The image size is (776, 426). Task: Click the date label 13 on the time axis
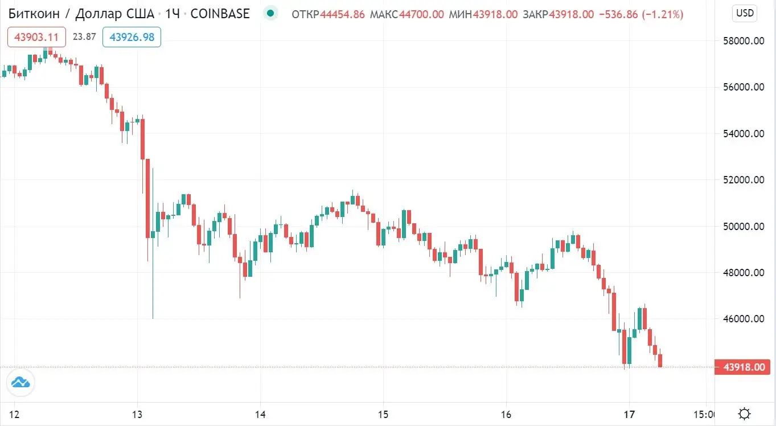(137, 413)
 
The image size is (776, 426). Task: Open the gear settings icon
(744, 413)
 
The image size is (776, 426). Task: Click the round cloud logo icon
(20, 383)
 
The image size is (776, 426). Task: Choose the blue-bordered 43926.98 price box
(132, 38)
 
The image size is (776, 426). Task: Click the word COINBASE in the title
(220, 14)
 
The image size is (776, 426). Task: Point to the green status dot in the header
(270, 14)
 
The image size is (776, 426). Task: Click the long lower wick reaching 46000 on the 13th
(153, 285)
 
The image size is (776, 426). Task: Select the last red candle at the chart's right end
(660, 360)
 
